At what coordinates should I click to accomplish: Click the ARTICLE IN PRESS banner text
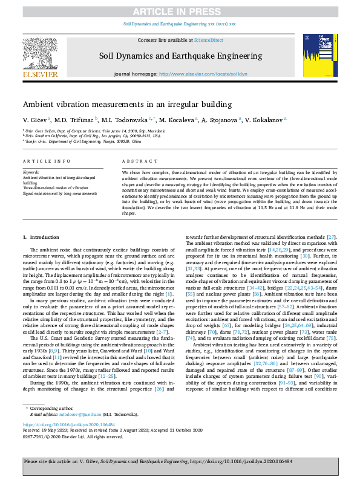point(180,11)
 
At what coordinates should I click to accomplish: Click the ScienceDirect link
point(208,40)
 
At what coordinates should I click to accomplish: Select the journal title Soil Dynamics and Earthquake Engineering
point(180,56)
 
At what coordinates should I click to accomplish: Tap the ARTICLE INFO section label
point(42,161)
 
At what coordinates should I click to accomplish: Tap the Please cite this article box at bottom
point(180,461)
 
